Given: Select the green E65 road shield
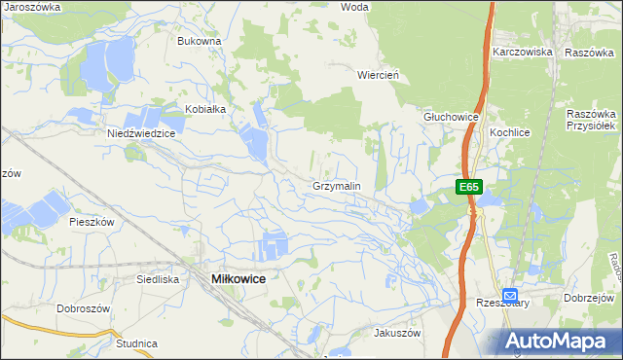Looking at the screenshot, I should [469, 186].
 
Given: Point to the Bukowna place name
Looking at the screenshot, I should [200, 42].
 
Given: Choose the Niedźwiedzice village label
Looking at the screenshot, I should [140, 134].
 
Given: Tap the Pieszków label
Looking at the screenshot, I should [92, 222].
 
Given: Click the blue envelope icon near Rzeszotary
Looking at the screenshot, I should [511, 295].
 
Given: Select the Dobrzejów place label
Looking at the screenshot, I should [592, 298].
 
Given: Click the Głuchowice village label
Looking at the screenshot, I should [451, 117].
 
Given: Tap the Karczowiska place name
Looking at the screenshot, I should [523, 51].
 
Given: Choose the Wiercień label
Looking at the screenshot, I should [381, 74].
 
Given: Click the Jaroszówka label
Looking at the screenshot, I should [32, 6].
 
